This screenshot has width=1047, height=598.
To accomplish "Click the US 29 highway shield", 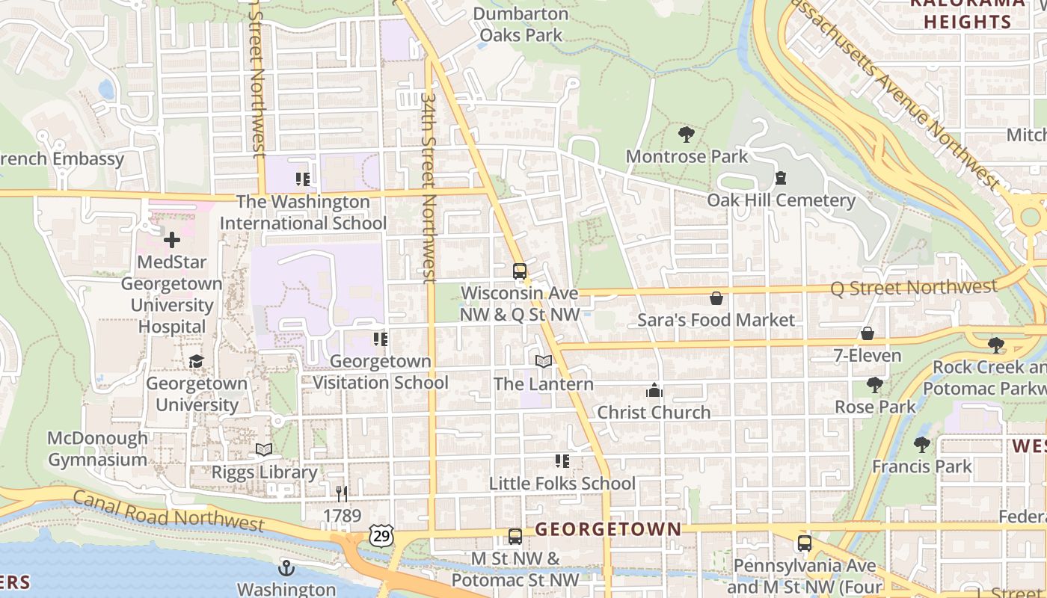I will tap(380, 534).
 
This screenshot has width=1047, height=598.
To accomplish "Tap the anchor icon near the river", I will tap(286, 568).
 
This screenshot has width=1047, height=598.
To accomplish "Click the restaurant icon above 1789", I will tap(342, 493).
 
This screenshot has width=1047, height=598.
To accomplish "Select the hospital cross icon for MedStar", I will tap(172, 240).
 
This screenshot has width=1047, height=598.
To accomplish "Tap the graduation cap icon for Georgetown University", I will tap(196, 361).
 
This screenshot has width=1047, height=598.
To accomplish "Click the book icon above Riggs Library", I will tap(264, 449).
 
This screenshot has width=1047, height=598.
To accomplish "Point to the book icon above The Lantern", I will tap(544, 362).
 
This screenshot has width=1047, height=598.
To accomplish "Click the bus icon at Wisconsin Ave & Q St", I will tap(519, 271).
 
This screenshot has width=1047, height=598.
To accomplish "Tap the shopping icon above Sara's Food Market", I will tap(716, 298).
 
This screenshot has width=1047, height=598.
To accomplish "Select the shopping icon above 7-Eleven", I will tap(868, 333).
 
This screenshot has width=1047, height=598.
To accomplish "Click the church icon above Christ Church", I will tap(654, 390).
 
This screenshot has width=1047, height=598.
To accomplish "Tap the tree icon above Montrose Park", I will tap(686, 135).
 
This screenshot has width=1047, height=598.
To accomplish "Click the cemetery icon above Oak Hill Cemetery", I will tap(781, 178).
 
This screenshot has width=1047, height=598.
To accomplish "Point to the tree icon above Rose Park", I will tap(875, 385).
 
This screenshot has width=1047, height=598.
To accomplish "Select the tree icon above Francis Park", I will tap(922, 445).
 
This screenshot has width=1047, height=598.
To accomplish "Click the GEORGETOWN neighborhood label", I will tap(608, 530).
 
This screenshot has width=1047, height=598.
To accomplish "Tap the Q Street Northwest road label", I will tap(914, 287).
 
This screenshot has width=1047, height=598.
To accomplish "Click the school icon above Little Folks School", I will tap(562, 461).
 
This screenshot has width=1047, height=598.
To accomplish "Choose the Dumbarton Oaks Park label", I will tap(521, 24).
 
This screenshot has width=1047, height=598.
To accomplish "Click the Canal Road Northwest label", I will tap(168, 511).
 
